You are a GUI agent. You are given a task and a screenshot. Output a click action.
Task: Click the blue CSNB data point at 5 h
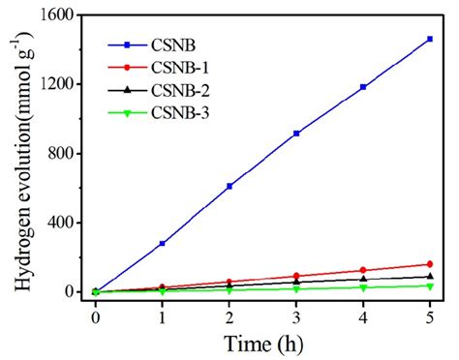click(x=429, y=40)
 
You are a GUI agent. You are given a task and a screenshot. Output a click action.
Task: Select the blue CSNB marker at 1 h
click(x=162, y=244)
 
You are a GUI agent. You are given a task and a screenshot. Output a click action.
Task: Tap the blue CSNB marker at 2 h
click(x=229, y=186)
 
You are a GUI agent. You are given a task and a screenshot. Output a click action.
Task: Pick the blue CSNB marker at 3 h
click(x=295, y=134)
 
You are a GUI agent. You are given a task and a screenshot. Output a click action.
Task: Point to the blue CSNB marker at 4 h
click(x=362, y=87)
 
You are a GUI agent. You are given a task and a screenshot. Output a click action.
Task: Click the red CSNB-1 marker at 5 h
click(x=429, y=264)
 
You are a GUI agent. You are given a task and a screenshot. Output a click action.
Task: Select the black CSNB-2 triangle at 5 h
click(x=429, y=277)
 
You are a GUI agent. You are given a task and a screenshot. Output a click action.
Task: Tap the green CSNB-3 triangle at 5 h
click(x=429, y=285)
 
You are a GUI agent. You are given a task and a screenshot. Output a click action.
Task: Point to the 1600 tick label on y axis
click(x=59, y=15)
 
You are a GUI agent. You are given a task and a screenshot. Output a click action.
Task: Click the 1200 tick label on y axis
click(x=59, y=84)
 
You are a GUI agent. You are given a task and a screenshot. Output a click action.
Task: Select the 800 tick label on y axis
click(x=63, y=153)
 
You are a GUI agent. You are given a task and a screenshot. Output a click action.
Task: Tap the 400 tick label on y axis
click(x=63, y=223)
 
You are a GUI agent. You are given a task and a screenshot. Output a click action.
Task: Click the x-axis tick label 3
click(x=295, y=315)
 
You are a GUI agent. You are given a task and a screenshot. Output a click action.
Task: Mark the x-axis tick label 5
click(x=429, y=315)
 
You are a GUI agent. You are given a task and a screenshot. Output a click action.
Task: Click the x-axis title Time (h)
click(x=262, y=342)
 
